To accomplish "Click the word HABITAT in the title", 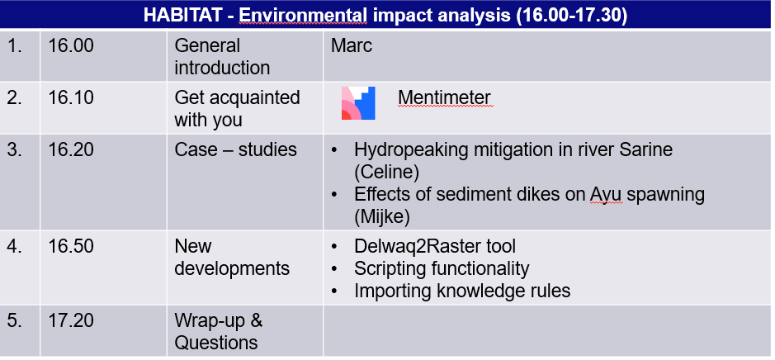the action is click(184, 15).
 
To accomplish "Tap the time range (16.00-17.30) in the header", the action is click(572, 15).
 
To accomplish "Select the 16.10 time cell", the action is click(71, 97).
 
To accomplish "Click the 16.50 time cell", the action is click(71, 246).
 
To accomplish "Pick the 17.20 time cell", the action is click(71, 320).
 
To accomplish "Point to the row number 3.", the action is click(15, 149).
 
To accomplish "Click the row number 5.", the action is click(15, 320).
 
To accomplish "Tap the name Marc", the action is click(352, 45).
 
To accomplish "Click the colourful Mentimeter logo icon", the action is click(358, 103).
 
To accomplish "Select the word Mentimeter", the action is click(444, 97).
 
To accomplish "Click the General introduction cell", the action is click(222, 56).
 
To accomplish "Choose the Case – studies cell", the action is click(236, 149).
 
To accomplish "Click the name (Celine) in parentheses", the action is click(386, 172).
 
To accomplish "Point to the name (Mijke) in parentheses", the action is click(382, 217).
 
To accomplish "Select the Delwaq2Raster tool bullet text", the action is click(435, 246).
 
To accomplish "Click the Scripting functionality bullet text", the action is click(442, 268).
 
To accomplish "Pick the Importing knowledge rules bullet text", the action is click(462, 291).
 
